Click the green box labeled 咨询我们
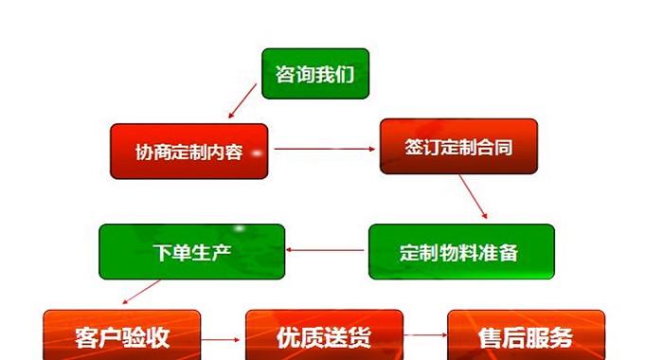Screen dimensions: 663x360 point(315,74)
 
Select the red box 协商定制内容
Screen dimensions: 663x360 point(189,151)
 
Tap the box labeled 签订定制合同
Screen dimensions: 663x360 point(458,147)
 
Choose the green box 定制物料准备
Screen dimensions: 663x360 point(462,252)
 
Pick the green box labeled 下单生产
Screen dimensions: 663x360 point(192,252)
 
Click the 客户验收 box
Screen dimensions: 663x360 point(122,335)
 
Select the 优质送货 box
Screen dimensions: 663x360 point(324,335)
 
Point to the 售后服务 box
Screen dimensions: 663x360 point(527,335)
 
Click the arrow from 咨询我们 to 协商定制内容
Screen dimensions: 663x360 point(242,100)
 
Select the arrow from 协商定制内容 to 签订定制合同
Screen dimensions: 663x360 point(325,149)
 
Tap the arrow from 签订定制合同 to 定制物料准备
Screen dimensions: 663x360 point(474,197)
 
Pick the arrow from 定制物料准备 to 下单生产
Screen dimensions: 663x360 point(325,250)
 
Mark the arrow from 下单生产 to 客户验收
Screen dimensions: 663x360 point(141,292)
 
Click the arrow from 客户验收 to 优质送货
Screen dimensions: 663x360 point(221,340)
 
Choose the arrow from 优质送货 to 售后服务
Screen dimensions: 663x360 point(425,335)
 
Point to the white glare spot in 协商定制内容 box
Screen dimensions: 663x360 point(257,153)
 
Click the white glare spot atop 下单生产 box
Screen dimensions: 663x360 point(240,228)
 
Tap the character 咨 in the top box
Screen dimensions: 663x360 point(284,75)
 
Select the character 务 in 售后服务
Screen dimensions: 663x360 point(562,337)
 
